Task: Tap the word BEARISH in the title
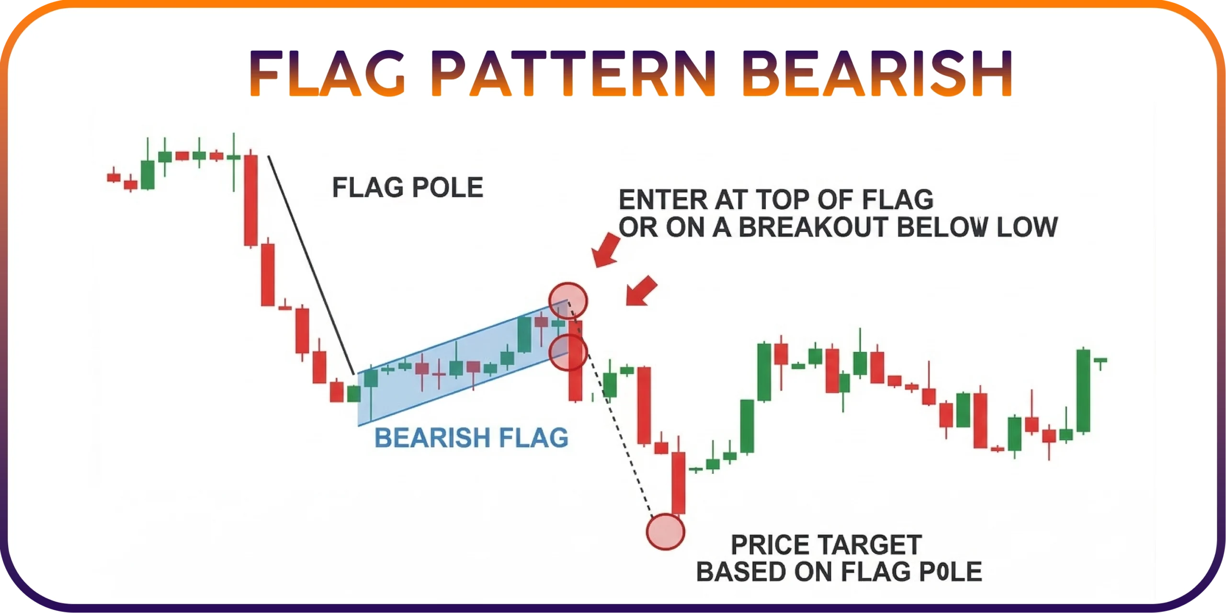877,74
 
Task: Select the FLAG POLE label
408,187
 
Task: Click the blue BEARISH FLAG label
471,438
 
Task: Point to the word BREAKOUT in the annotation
814,227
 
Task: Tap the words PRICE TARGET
826,545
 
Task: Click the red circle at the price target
665,532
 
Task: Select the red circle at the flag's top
568,301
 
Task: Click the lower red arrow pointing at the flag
641,291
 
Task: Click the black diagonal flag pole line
311,265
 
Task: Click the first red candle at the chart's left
114,177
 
